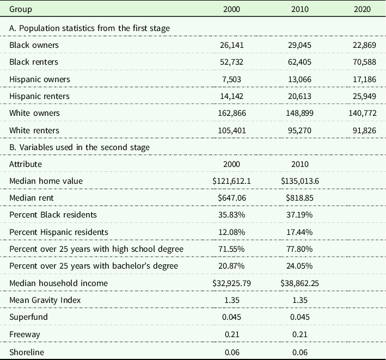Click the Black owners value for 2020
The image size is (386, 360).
tap(364, 45)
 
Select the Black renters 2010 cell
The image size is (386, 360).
tap(299, 62)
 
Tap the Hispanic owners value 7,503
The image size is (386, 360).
tap(231, 79)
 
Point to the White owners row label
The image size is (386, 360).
tap(34, 113)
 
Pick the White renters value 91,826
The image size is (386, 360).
tap(364, 131)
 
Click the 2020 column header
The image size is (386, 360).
tap(362, 9)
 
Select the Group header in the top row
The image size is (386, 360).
tap(21, 10)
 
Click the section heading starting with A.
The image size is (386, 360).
tap(90, 28)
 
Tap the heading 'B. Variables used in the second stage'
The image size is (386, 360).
tap(79, 147)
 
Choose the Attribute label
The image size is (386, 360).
tap(26, 164)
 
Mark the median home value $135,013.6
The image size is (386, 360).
tap(300, 181)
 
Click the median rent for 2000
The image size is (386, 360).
tap(231, 198)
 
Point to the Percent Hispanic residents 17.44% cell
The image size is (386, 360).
tap(299, 232)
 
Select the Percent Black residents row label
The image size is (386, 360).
tap(53, 215)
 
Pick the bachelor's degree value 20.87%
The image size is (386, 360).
tap(231, 266)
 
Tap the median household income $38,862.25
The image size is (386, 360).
tap(299, 283)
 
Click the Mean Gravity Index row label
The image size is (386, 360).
tap(45, 300)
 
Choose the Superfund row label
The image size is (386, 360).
tap(28, 317)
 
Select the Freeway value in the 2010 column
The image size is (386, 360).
tap(300, 334)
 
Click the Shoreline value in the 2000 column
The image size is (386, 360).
tap(232, 352)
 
